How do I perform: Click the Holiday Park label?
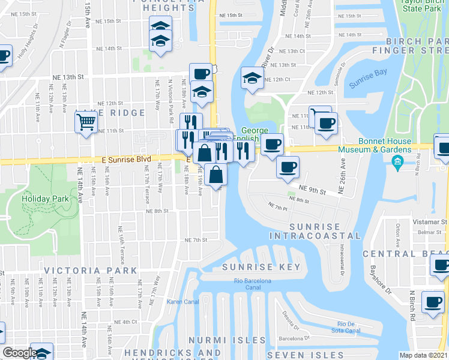pyautogui.click(x=39, y=198)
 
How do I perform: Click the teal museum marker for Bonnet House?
pyautogui.click(x=397, y=161)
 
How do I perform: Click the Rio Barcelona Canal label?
pyautogui.click(x=253, y=284)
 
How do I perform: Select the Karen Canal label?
pyautogui.click(x=182, y=301)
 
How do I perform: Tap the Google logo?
pyautogui.click(x=20, y=353)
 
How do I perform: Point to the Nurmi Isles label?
pyautogui.click(x=228, y=340)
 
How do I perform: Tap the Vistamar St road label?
pyautogui.click(x=432, y=221)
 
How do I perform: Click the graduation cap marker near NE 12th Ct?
pyautogui.click(x=252, y=77)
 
